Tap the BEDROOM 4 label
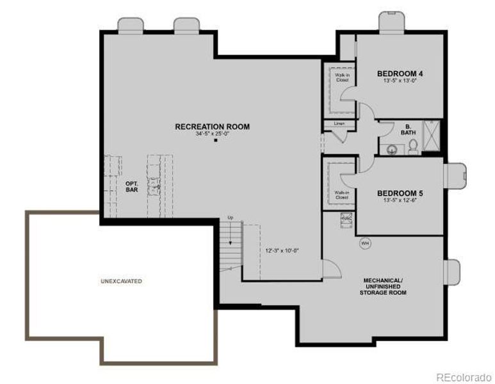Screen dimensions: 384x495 point(400,74)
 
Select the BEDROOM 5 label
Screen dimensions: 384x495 point(400,193)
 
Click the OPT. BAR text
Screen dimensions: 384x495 point(131,187)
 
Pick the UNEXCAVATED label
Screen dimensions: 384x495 point(121,281)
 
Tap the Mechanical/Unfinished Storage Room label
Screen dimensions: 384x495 point(384,286)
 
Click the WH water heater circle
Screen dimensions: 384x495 point(365,243)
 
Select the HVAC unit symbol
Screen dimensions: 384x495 point(346,219)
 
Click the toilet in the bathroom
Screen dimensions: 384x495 point(413,147)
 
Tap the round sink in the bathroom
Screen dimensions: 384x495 point(392,149)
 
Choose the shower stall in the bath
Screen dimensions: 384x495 point(432,137)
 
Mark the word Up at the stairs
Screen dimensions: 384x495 point(231,218)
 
